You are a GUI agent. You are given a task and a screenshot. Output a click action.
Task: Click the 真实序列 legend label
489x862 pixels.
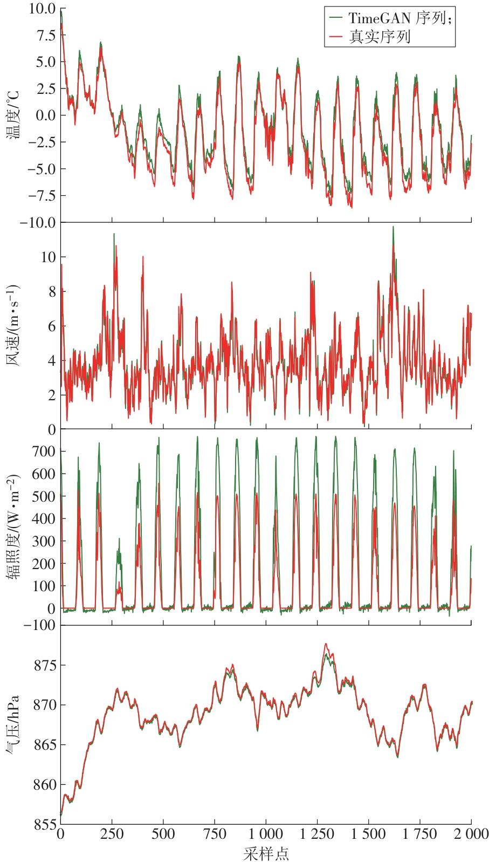379,37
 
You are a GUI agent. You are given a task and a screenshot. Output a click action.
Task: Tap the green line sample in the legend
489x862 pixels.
336,18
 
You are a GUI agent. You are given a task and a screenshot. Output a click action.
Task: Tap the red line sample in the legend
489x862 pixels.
336,37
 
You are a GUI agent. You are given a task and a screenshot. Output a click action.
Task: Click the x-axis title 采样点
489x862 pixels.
266,853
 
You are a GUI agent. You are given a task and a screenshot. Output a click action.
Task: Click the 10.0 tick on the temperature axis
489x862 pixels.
44,9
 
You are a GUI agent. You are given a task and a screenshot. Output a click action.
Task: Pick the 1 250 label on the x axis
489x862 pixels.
317,834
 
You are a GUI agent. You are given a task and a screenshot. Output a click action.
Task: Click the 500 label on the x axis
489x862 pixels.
163,834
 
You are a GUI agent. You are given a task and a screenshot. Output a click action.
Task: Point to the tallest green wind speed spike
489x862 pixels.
393,227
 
